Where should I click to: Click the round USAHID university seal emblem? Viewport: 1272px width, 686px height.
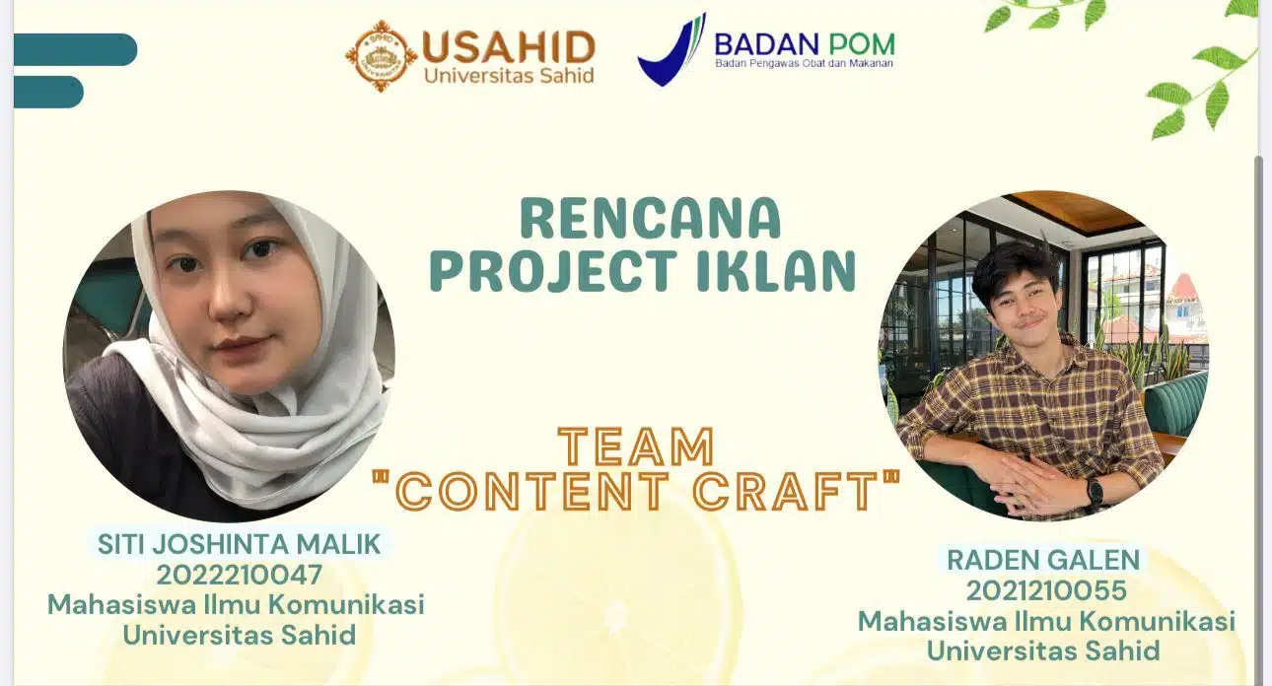[382, 55]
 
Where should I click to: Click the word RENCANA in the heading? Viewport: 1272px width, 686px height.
[651, 218]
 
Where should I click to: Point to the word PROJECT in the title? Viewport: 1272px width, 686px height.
[552, 271]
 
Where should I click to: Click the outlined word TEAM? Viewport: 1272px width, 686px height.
[637, 446]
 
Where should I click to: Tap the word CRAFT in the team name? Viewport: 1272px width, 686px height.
[793, 490]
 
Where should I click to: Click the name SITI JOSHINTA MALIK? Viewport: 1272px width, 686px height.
[239, 544]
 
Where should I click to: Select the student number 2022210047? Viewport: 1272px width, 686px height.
[239, 575]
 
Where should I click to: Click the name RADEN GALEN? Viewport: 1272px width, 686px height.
[1043, 560]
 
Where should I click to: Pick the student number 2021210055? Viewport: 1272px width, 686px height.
[1046, 590]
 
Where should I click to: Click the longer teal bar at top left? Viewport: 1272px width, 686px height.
[75, 49]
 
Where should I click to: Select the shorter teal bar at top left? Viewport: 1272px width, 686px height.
[48, 92]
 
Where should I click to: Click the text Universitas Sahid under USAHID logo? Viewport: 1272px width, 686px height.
[509, 76]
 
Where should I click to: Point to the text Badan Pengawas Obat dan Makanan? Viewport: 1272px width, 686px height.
[804, 63]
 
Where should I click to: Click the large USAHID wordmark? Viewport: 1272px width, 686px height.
[508, 46]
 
